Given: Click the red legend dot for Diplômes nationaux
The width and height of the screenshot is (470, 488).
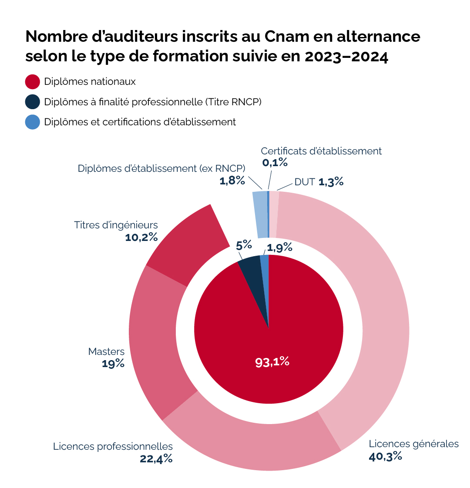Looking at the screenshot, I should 33,81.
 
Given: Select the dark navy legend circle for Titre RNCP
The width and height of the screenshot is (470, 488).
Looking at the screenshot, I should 33,102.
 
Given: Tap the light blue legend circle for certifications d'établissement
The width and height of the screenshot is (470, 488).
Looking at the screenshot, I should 33,122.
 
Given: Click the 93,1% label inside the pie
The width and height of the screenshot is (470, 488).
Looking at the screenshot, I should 272,361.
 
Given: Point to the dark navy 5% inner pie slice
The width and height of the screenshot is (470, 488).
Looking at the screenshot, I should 252,272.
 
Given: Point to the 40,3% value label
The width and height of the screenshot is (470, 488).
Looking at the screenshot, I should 385,457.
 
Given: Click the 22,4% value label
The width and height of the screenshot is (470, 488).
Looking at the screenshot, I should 156,459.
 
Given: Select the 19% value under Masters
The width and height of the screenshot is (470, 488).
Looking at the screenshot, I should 113,364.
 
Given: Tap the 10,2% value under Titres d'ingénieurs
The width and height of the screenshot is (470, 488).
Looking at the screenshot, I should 141,237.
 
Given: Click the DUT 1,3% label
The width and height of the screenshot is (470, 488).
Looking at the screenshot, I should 319,182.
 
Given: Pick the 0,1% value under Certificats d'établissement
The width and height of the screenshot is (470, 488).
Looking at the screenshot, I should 275,163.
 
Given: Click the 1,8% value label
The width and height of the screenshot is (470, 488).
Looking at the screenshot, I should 232,181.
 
